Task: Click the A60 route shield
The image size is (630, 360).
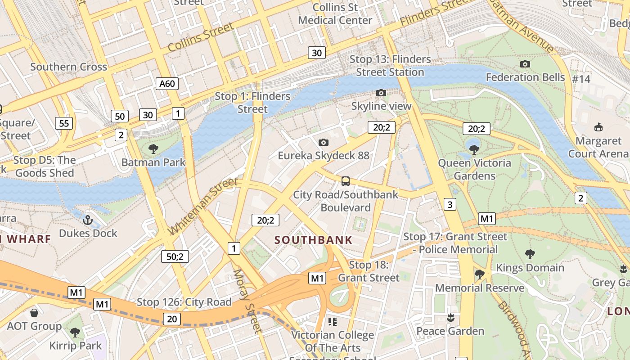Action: pyautogui.click(x=167, y=83)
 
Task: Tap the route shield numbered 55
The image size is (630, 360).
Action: pyautogui.click(x=64, y=123)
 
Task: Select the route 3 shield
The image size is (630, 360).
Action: pyautogui.click(x=450, y=204)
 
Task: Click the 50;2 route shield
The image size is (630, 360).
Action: pyautogui.click(x=175, y=256)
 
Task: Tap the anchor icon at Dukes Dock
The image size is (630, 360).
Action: pyautogui.click(x=88, y=220)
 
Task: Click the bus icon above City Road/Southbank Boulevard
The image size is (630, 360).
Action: pyautogui.click(x=345, y=181)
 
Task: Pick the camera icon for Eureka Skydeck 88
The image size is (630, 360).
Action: pyautogui.click(x=323, y=143)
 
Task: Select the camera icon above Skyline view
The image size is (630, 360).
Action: pyautogui.click(x=381, y=93)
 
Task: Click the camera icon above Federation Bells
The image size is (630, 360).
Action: pyautogui.click(x=525, y=64)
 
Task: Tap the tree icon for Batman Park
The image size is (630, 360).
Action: pyautogui.click(x=153, y=149)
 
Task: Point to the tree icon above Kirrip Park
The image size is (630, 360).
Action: pyautogui.click(x=75, y=333)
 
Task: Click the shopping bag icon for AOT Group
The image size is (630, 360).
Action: pyautogui.click(x=34, y=313)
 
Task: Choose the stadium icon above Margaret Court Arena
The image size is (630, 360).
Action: pyautogui.click(x=598, y=127)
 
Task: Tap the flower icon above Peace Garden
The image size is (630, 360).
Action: pyautogui.click(x=450, y=318)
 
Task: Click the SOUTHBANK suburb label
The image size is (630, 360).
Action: pyautogui.click(x=314, y=240)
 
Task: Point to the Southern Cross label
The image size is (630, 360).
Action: pyautogui.click(x=68, y=67)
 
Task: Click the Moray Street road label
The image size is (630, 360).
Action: pyautogui.click(x=247, y=301)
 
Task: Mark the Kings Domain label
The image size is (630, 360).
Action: pyautogui.click(x=530, y=268)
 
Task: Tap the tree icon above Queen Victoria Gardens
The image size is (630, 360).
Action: pyautogui.click(x=474, y=150)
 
